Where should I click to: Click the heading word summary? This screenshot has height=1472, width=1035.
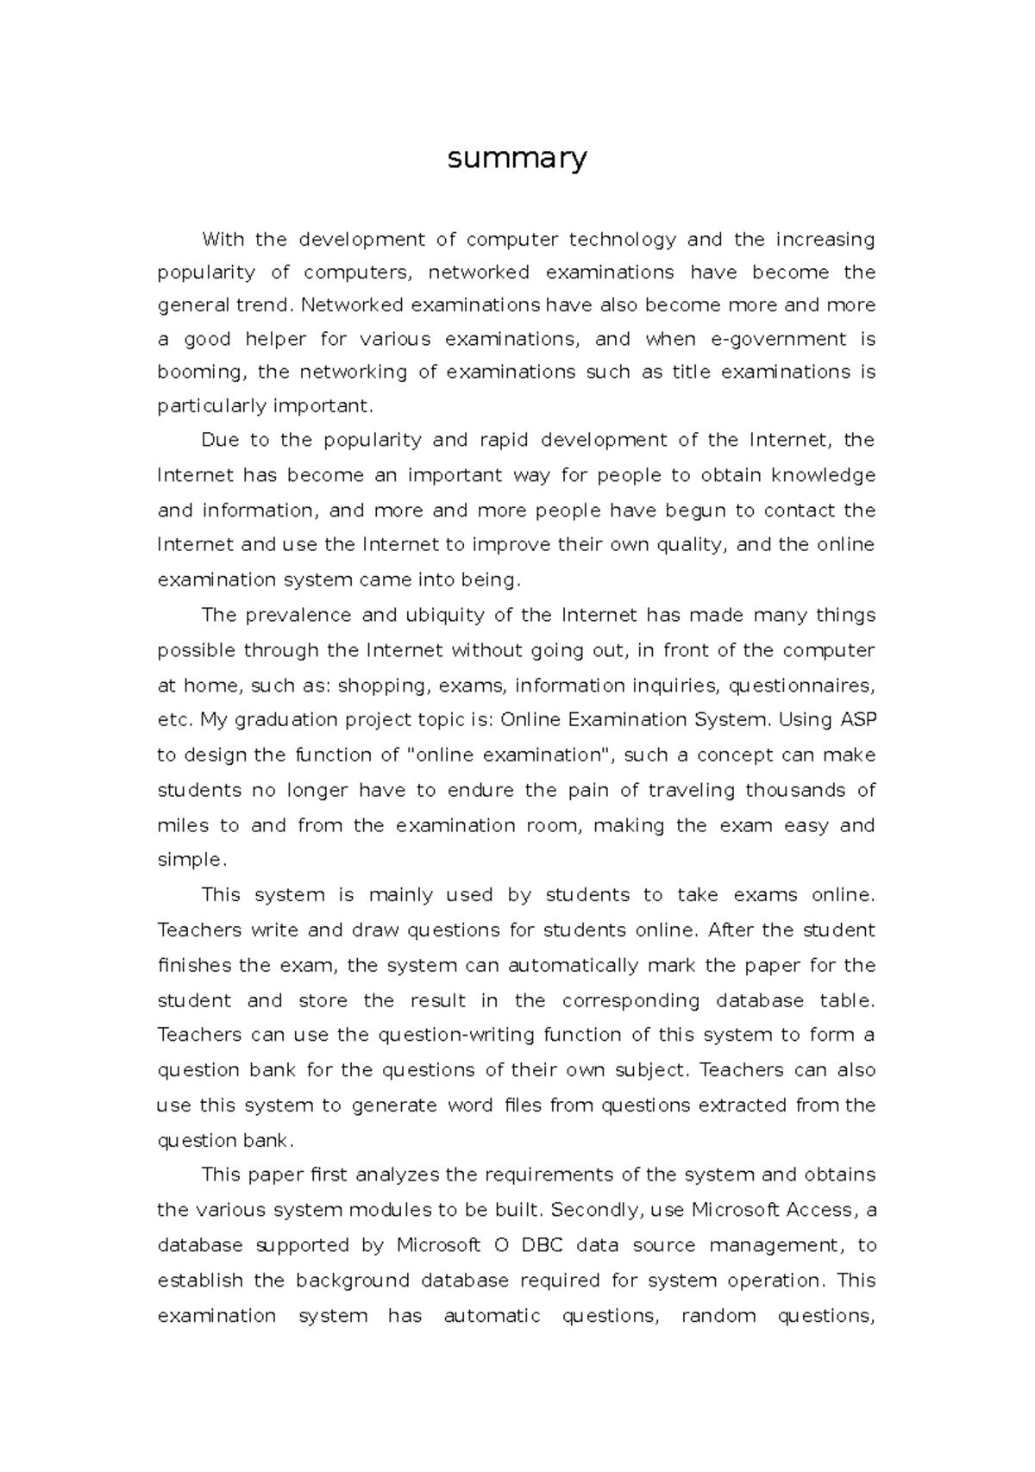point(517,160)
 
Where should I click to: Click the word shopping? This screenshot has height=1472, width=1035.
point(383,686)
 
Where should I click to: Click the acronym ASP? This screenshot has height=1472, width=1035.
point(858,720)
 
